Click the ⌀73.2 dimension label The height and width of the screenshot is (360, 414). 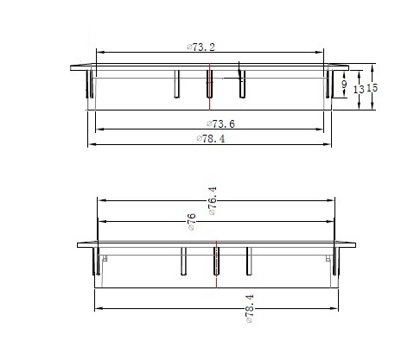201,47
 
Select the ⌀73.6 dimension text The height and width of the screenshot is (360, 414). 220,123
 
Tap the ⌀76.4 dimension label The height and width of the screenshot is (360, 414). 212,201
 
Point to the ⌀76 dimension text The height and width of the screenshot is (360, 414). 192,222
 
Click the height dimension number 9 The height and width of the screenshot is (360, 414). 344,85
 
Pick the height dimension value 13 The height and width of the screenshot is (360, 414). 359,90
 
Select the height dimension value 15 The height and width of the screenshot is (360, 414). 372,87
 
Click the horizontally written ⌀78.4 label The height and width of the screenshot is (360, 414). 211,139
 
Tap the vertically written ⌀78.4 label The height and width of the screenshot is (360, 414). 250,308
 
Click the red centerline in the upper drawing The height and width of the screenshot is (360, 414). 210,86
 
